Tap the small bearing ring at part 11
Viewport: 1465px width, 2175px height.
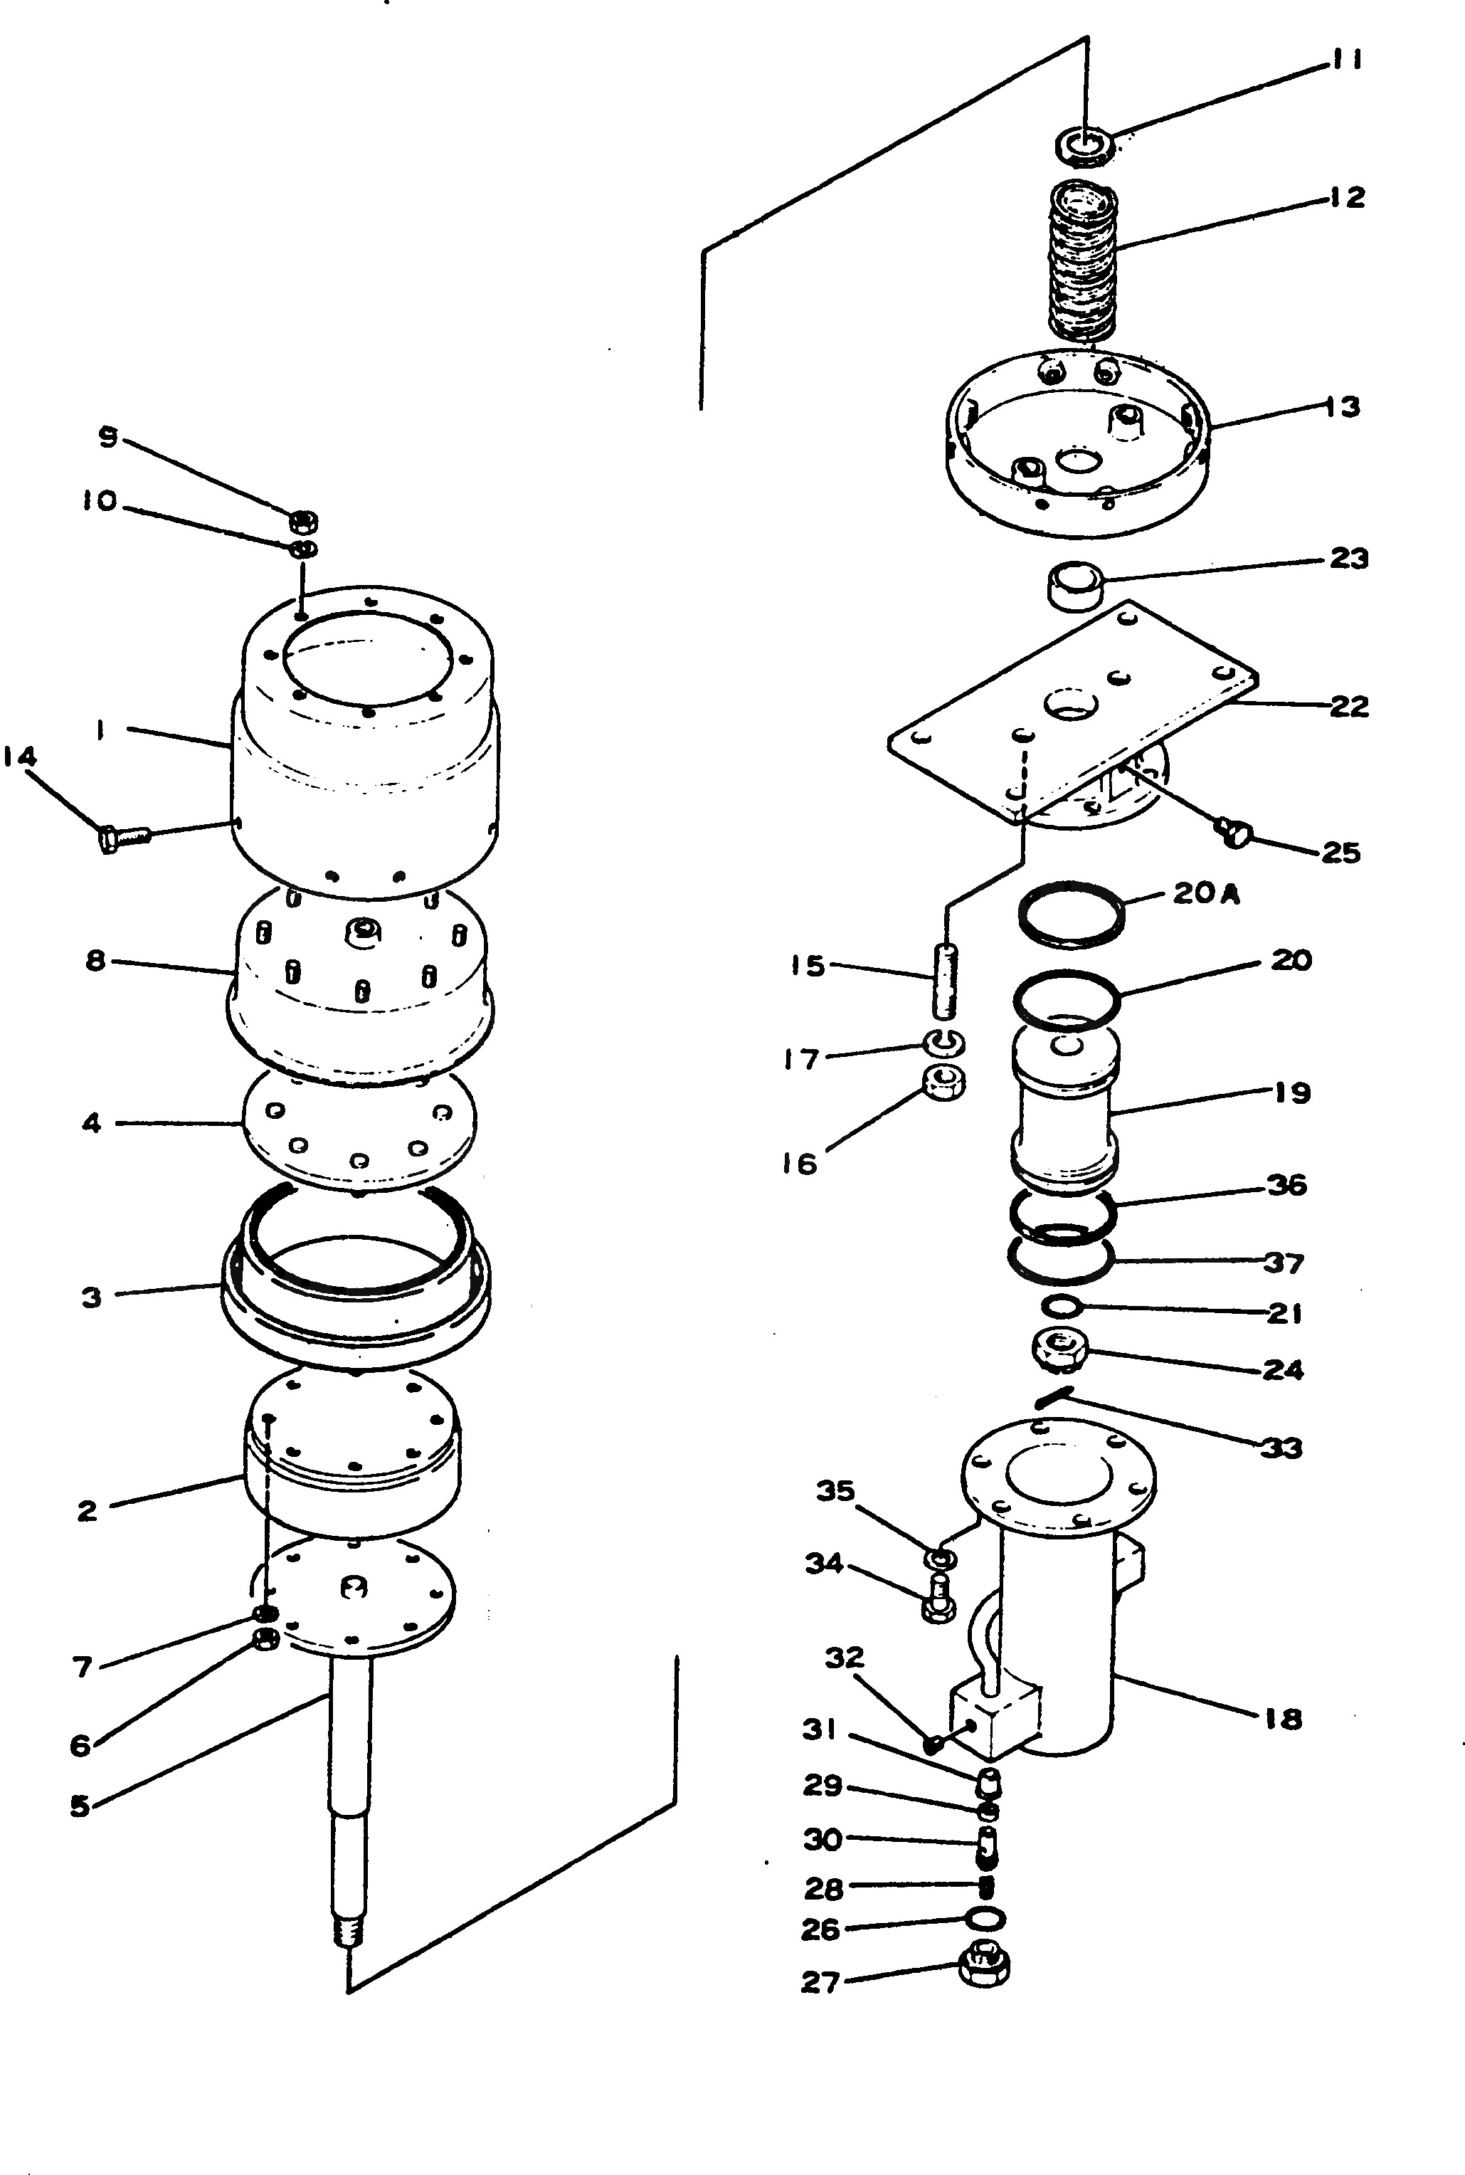pyautogui.click(x=1084, y=146)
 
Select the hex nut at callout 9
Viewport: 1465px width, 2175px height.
pyautogui.click(x=304, y=520)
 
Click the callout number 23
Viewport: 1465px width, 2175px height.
pyautogui.click(x=1348, y=559)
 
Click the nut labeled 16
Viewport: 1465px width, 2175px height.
pyautogui.click(x=943, y=1083)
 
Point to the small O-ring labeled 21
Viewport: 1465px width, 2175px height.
pyautogui.click(x=1062, y=1306)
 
